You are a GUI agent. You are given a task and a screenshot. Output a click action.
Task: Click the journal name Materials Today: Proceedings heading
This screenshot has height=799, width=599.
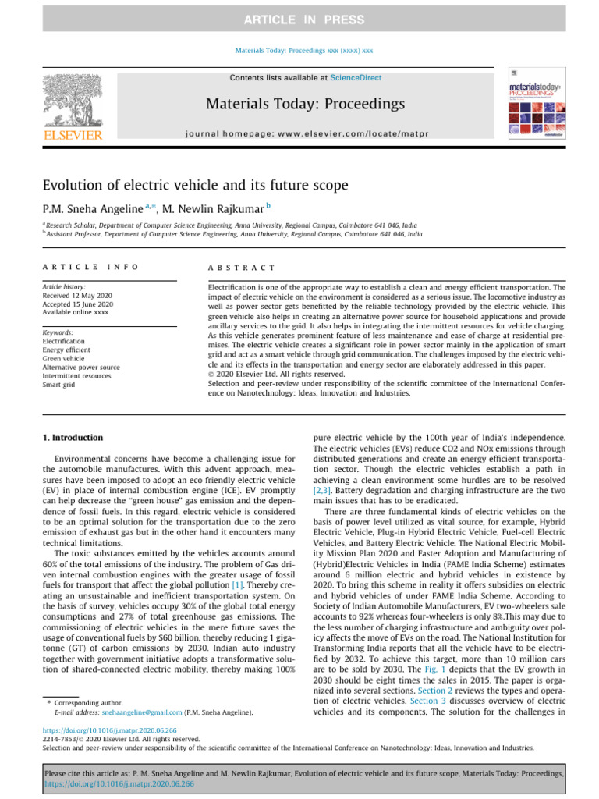(305, 104)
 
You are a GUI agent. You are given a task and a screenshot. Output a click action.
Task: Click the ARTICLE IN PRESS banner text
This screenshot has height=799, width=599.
(299, 20)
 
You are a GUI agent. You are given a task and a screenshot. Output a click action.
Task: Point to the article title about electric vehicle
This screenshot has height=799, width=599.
(194, 186)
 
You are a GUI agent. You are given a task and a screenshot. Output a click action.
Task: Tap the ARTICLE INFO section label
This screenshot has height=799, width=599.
(90, 267)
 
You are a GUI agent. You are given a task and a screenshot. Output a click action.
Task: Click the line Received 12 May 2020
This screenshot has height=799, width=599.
(79, 305)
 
